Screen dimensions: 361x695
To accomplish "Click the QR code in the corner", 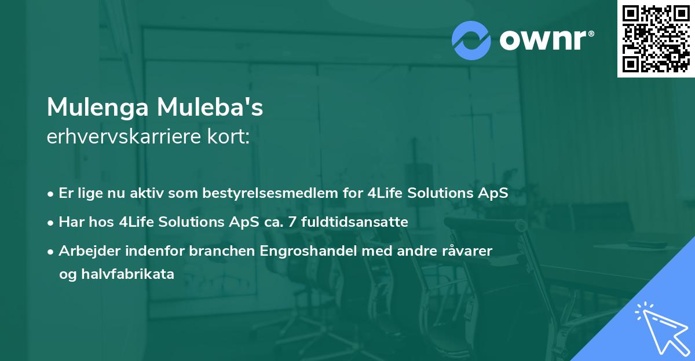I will click(656, 38).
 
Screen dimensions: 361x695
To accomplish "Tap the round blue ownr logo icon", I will click(471, 40).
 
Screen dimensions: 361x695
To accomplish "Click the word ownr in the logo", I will click(546, 40).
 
